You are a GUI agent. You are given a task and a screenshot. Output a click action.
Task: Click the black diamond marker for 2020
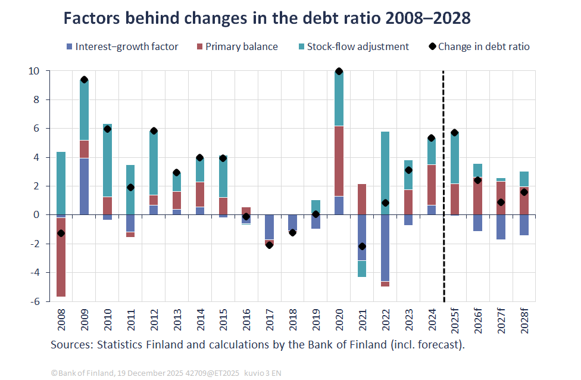(339, 71)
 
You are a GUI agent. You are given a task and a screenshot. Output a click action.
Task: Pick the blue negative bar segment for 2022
(385, 248)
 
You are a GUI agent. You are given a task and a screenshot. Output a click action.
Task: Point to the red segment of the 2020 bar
(339, 161)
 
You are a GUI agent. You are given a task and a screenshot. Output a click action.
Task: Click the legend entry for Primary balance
(236, 46)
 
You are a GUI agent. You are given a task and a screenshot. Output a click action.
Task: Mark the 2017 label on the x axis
(270, 322)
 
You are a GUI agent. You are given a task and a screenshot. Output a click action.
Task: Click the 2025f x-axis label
(455, 322)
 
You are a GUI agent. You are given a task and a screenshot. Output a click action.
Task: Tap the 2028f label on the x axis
(524, 322)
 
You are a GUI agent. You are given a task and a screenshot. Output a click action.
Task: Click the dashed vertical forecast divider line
(443, 179)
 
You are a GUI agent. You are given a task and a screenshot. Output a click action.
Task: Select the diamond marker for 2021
(363, 247)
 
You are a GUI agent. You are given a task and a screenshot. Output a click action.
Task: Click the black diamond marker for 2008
(61, 233)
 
